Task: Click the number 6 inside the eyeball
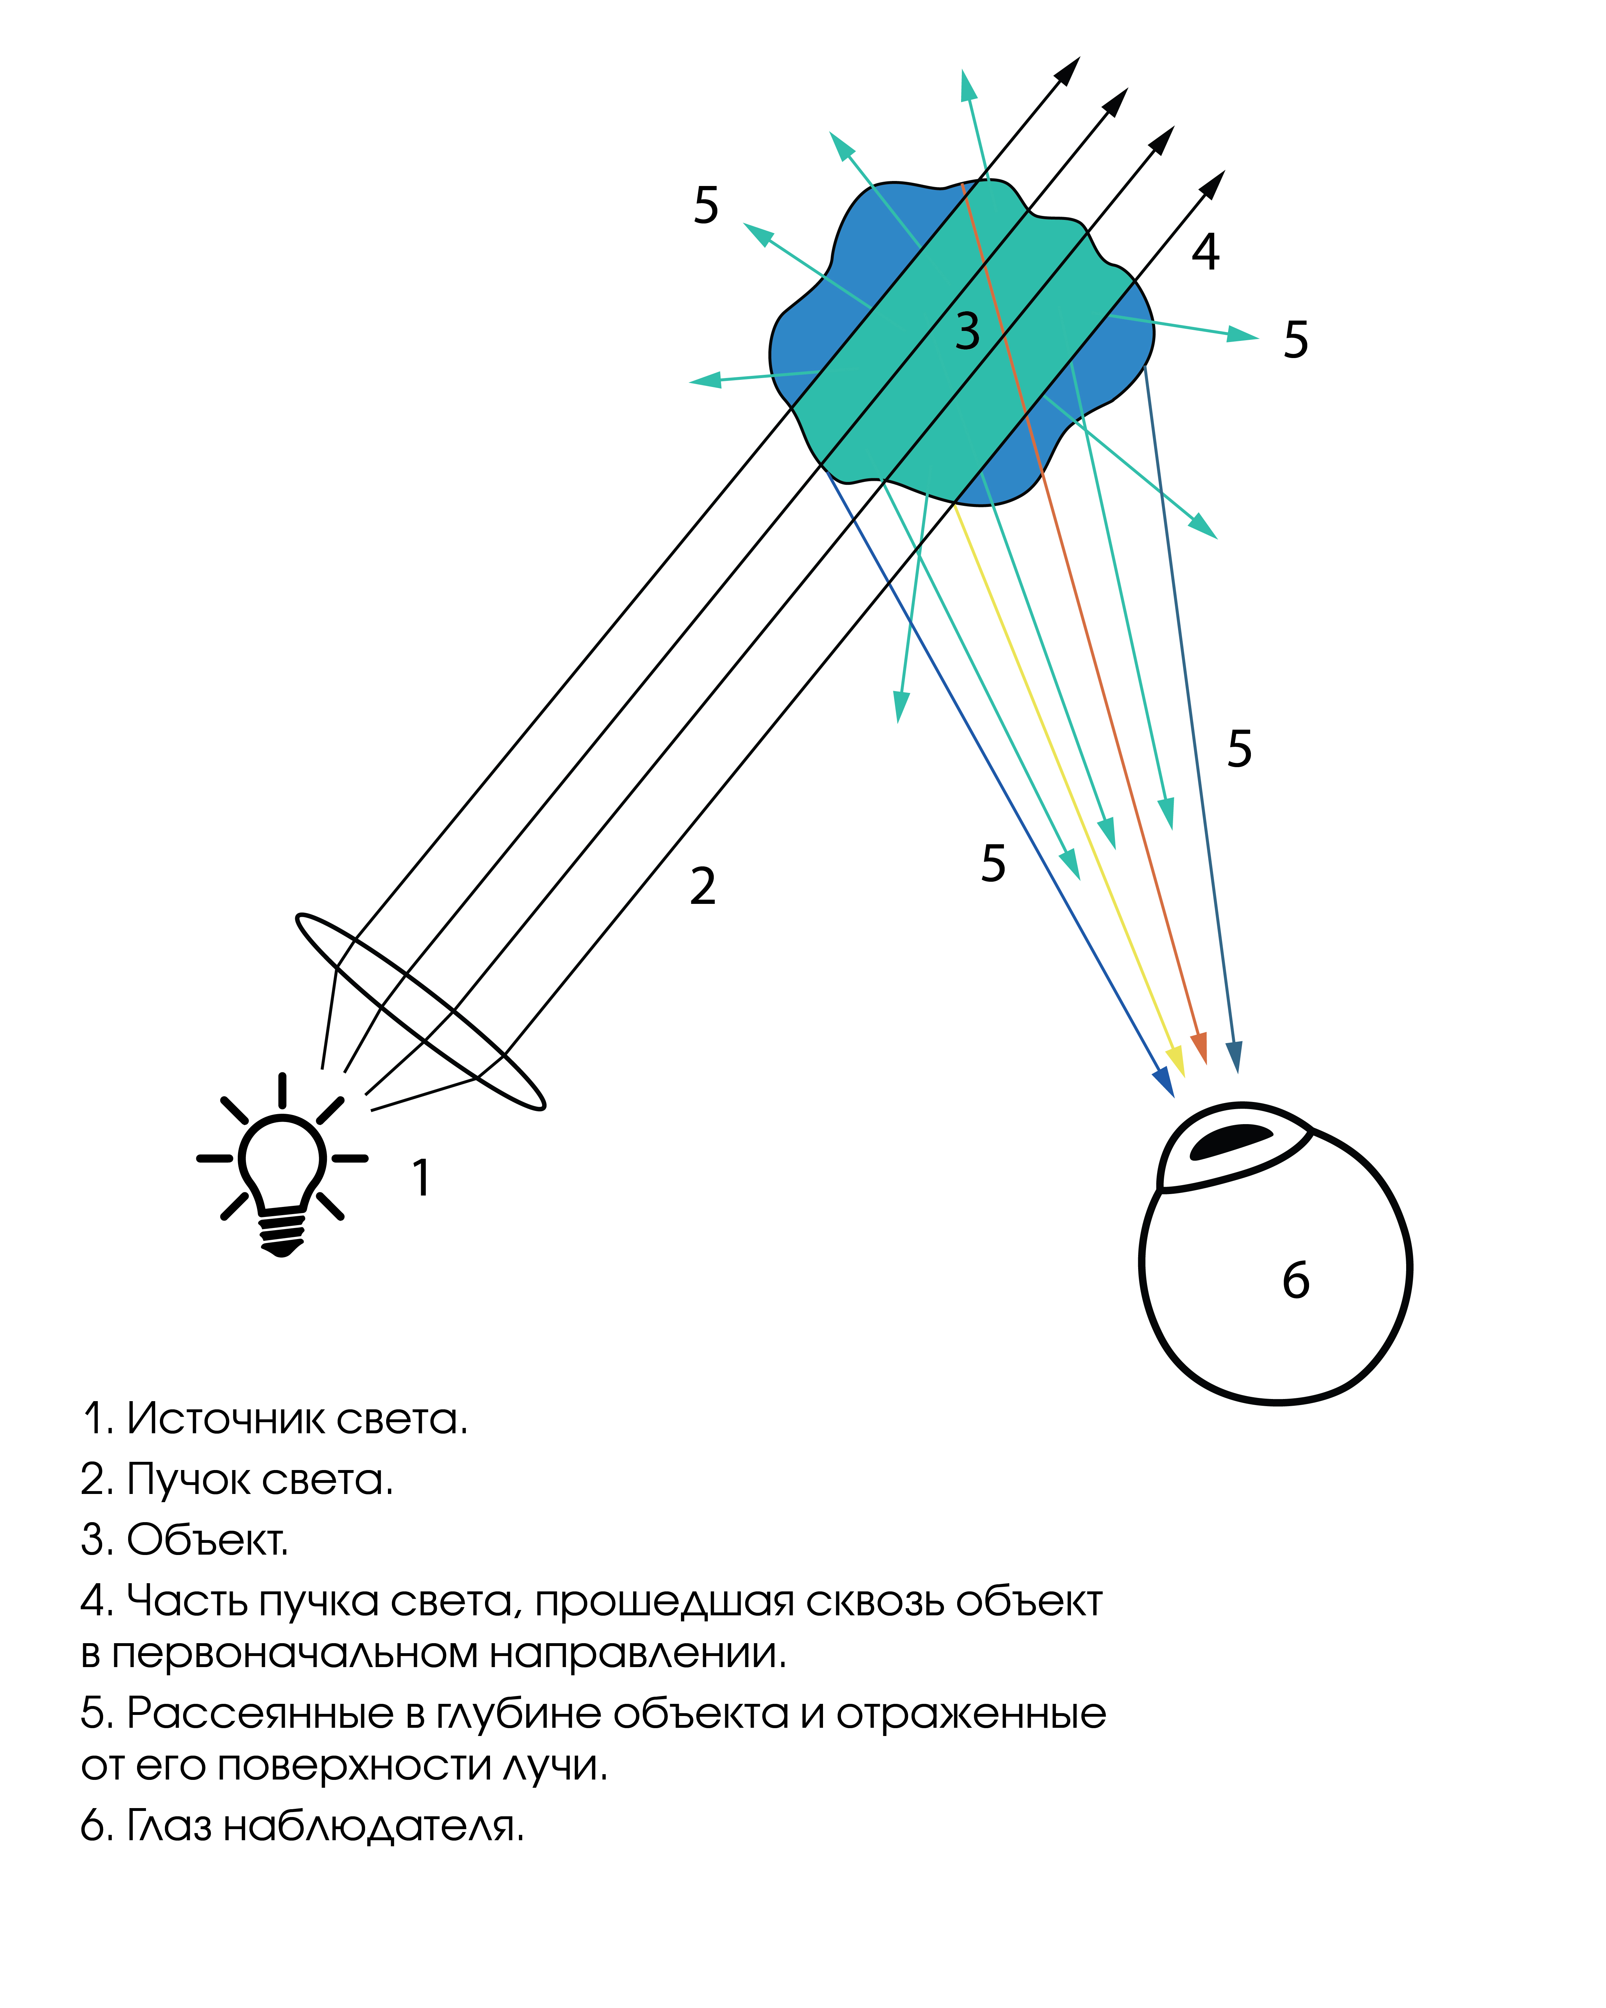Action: coord(1295,1280)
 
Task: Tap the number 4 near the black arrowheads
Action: coord(1206,251)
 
